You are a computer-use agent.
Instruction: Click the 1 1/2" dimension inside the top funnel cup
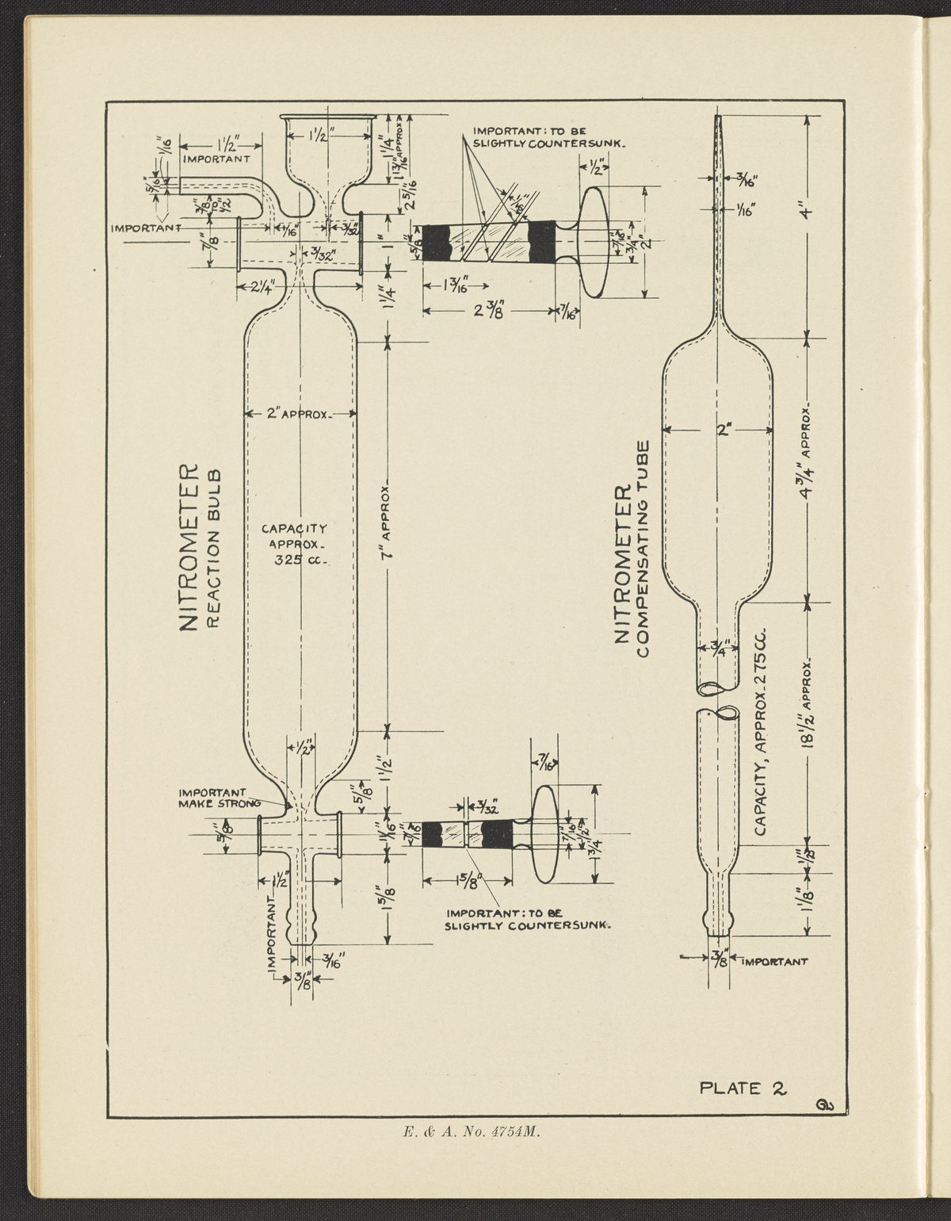click(x=329, y=136)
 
